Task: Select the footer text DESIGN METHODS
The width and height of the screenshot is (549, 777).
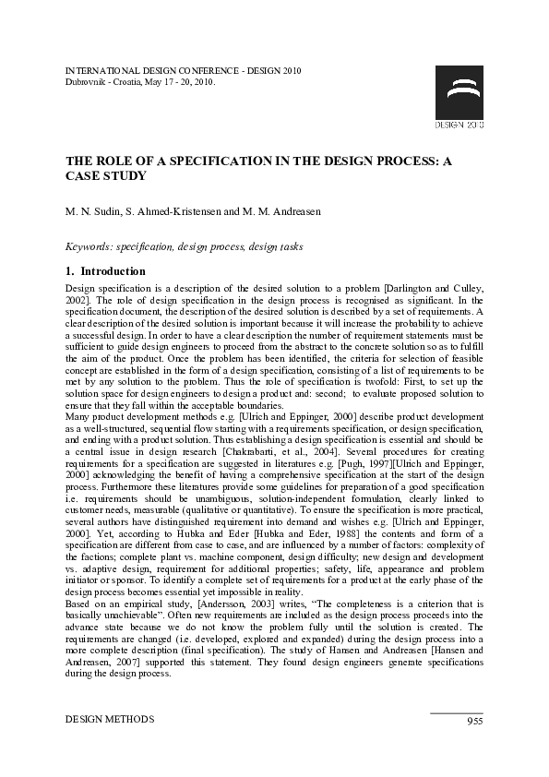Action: (109, 719)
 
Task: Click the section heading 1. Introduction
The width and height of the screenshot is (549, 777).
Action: (105, 271)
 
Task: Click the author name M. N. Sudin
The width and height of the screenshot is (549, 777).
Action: (94, 211)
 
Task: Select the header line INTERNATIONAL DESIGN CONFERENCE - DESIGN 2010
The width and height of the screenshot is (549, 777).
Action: (183, 70)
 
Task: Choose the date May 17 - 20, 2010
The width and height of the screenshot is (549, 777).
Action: (180, 81)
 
